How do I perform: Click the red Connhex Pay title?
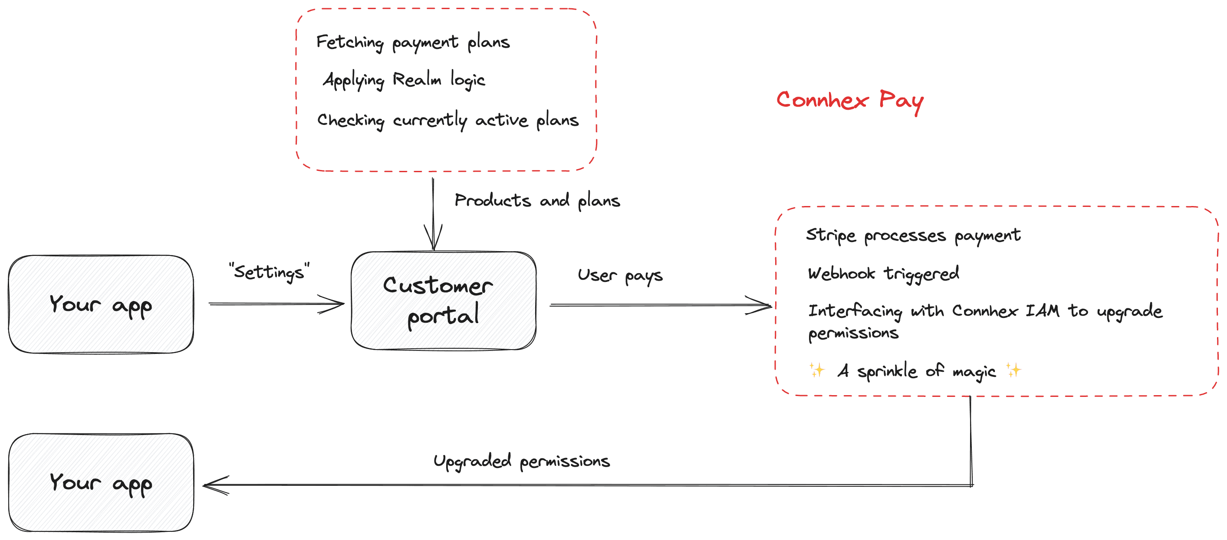coord(850,101)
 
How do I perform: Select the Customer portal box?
coord(444,301)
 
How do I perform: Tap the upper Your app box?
coord(101,304)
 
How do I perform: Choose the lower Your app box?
coord(101,482)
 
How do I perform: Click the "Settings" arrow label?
coord(269,272)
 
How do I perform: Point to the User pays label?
coord(620,276)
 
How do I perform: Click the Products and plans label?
coord(537,200)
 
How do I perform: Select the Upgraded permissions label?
coord(522,461)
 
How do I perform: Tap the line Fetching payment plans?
coord(413,43)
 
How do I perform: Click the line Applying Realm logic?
coord(404,80)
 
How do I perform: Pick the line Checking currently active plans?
coord(448,121)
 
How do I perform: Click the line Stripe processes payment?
coord(913,236)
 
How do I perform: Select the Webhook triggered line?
coord(884,274)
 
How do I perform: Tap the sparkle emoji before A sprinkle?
coord(816,370)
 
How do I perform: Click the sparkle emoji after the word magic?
coord(1013,370)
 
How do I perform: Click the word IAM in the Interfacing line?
coord(1042,311)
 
